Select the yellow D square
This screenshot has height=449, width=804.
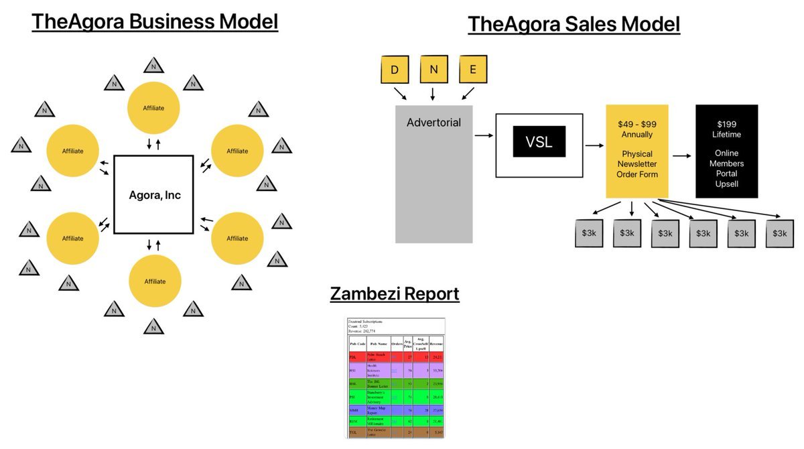coord(395,70)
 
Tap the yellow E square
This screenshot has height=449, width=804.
coord(473,70)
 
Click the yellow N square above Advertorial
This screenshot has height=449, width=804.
coord(433,70)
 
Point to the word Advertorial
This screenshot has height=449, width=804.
coord(433,123)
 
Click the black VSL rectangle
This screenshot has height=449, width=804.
coord(539,141)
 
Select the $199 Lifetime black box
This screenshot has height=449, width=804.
coord(726,151)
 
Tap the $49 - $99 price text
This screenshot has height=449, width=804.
coord(636,124)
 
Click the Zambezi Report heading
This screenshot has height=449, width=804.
coord(395,294)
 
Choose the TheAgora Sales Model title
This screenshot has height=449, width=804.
coord(574,24)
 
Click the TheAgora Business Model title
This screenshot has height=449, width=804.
coord(155,21)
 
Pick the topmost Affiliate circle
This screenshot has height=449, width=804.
coord(153,107)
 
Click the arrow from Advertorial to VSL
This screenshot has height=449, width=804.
coord(483,135)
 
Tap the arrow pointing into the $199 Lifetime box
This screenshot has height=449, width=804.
coord(681,155)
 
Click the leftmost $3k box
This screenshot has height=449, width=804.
coord(588,233)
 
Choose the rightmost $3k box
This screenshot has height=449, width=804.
coord(779,233)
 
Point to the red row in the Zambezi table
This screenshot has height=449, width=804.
coord(395,358)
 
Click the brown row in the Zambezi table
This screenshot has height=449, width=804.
coord(395,433)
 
